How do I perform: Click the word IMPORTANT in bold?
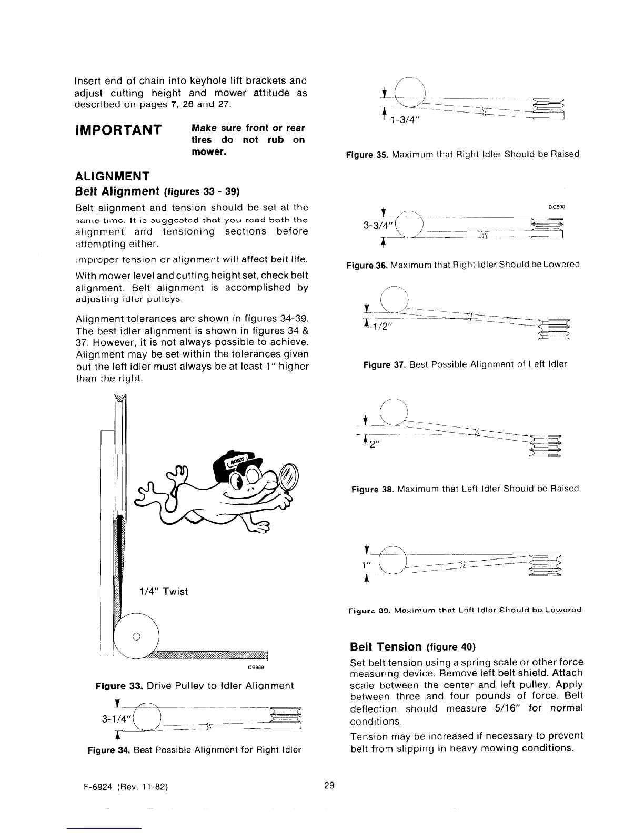point(117,129)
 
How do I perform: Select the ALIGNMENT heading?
point(113,176)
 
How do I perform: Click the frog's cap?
point(234,465)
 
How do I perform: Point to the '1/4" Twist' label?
point(163,591)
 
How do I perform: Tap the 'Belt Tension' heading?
point(386,646)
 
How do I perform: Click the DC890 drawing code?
point(557,207)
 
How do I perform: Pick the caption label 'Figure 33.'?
point(119,686)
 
